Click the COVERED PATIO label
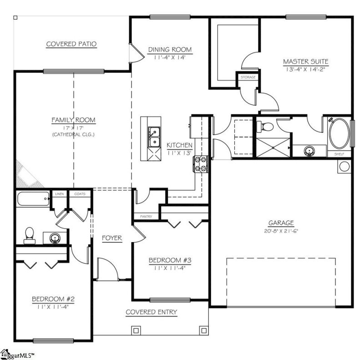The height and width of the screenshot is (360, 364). tap(71, 44)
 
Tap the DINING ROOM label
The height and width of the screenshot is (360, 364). tap(170, 50)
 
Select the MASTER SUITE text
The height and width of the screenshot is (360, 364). tap(305, 61)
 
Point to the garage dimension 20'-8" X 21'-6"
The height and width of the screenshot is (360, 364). tap(280, 231)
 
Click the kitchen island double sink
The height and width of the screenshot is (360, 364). tap(154, 137)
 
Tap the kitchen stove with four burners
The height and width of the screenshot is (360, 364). tap(201, 164)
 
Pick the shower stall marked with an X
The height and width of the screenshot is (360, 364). tap(273, 147)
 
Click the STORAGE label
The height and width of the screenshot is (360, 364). tap(248, 77)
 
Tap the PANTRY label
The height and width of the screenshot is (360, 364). tap(146, 217)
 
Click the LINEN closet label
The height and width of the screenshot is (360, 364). tap(60, 194)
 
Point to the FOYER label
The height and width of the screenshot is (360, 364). tap(111, 238)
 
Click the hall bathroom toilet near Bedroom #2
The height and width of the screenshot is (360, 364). tap(30, 234)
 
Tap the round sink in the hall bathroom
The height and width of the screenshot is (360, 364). tap(54, 238)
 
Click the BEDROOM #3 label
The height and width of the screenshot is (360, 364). tap(167, 260)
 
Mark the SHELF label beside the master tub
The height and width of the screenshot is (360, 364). tap(339, 154)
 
